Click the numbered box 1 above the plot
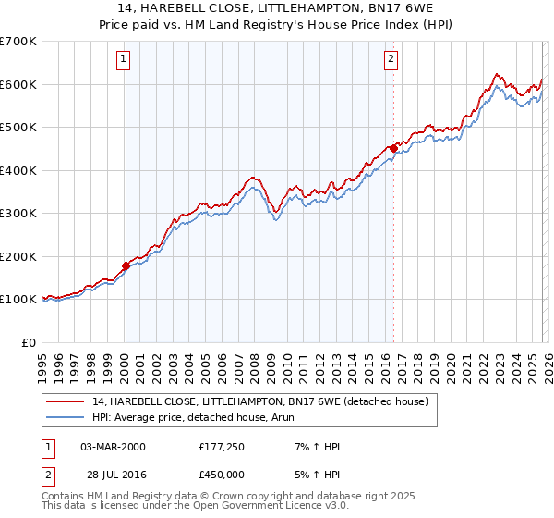125,60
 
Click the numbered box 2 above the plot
391,60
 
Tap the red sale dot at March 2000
126,266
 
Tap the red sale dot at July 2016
394,148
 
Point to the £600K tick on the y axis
18,84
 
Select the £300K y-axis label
18,214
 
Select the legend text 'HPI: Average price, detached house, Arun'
203,418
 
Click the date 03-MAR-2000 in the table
113,447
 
